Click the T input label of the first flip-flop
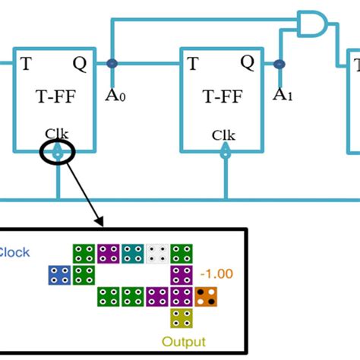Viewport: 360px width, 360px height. tap(27, 63)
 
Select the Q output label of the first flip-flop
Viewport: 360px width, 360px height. tap(79, 63)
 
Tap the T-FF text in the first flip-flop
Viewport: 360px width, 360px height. tap(52, 96)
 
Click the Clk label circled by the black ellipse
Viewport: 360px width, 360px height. tap(56, 134)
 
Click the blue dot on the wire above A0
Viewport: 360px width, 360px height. tap(112, 64)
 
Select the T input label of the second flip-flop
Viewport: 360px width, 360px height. tap(193, 63)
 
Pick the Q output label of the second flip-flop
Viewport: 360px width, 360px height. tap(247, 63)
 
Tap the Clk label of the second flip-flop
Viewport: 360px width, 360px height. tap(223, 135)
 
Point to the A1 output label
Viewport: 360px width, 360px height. tap(281, 95)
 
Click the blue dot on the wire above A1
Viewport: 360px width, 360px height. tap(279, 64)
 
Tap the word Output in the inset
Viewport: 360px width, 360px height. tap(183, 341)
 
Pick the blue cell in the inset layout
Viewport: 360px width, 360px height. tap(58, 275)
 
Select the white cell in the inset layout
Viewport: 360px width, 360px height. tap(157, 254)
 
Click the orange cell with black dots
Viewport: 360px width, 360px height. tap(206, 296)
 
